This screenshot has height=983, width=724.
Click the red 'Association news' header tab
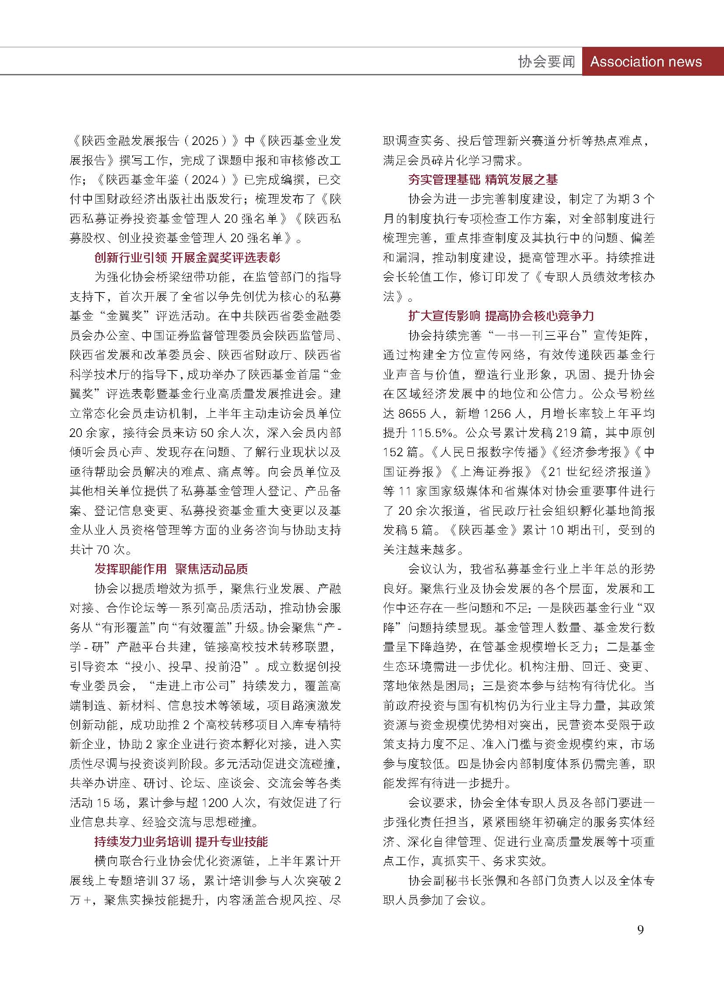646,61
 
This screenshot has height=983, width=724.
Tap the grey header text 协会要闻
546,61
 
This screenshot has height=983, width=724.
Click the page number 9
640,930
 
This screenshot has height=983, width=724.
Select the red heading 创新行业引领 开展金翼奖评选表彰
187,257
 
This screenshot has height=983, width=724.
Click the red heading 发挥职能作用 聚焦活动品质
171,569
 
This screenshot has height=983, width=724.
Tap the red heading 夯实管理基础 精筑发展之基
483,180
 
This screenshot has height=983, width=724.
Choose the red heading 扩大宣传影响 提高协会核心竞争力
501,316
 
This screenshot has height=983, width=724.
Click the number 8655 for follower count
415,413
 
